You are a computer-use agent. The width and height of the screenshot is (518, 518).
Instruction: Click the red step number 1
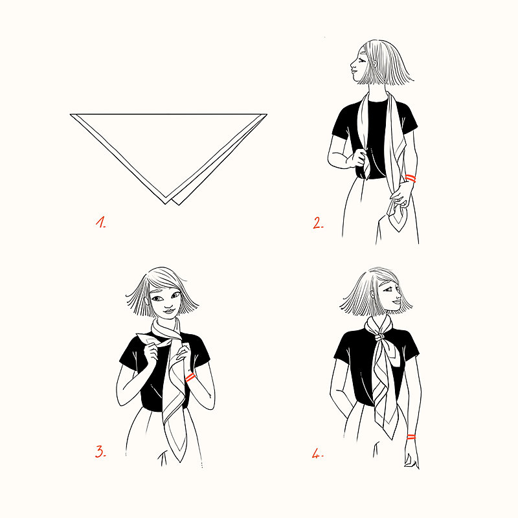coord(101,222)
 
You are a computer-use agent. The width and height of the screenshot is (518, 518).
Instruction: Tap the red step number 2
coord(318,223)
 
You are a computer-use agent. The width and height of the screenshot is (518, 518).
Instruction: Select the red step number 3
coord(100,451)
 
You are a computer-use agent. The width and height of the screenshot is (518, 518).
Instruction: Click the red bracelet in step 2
coord(411,179)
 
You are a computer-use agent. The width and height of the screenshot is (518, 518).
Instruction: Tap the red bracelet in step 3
coord(190,377)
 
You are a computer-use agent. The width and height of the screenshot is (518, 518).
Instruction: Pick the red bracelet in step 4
coord(411,437)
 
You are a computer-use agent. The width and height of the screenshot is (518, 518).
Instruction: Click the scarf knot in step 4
coord(380,337)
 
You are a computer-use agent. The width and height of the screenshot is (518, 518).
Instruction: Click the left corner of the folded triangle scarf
coord(71,115)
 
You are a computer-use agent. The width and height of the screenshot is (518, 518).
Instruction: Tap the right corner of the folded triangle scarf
coord(267,115)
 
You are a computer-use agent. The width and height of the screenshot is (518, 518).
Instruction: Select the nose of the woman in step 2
coord(352,64)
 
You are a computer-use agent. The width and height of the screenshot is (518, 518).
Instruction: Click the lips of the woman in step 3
coord(169,311)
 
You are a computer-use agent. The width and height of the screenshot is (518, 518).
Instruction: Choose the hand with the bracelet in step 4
coord(412,455)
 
